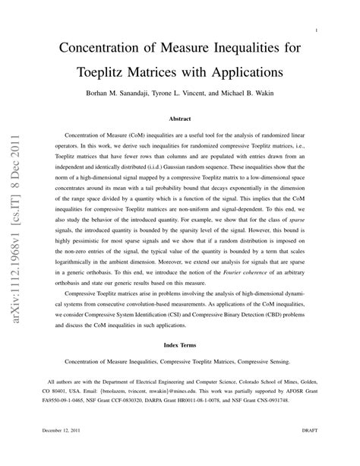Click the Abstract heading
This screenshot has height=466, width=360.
point(179,119)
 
